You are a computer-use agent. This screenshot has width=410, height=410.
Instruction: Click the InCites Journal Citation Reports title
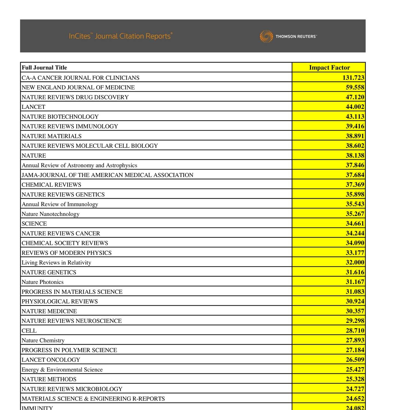121,36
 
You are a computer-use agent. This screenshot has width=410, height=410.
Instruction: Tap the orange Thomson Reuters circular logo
266,36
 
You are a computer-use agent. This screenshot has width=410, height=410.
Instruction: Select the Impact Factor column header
329,68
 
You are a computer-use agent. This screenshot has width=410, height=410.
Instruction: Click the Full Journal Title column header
44,68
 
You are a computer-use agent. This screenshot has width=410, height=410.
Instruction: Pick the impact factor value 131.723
353,78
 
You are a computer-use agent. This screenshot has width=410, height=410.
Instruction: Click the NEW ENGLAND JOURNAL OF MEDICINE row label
78,87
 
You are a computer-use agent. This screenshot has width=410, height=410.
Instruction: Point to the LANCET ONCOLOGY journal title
51,360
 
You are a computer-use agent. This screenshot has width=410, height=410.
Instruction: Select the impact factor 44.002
355,107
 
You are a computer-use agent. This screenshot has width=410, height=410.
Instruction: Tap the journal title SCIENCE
34,224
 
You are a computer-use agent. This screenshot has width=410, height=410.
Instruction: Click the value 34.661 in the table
355,224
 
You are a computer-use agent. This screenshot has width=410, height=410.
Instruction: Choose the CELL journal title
29,331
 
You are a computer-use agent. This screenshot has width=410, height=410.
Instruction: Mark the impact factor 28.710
355,330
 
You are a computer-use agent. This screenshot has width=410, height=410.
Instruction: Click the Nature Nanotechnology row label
51,214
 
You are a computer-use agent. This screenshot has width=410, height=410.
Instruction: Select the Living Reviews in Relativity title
56,263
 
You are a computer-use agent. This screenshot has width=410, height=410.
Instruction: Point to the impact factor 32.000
355,262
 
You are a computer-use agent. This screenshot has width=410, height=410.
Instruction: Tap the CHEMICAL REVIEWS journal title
51,185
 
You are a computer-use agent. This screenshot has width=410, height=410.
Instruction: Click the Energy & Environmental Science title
62,370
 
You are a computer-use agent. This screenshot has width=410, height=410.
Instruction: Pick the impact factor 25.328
355,379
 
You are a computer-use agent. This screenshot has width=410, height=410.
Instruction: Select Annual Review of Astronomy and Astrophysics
79,165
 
